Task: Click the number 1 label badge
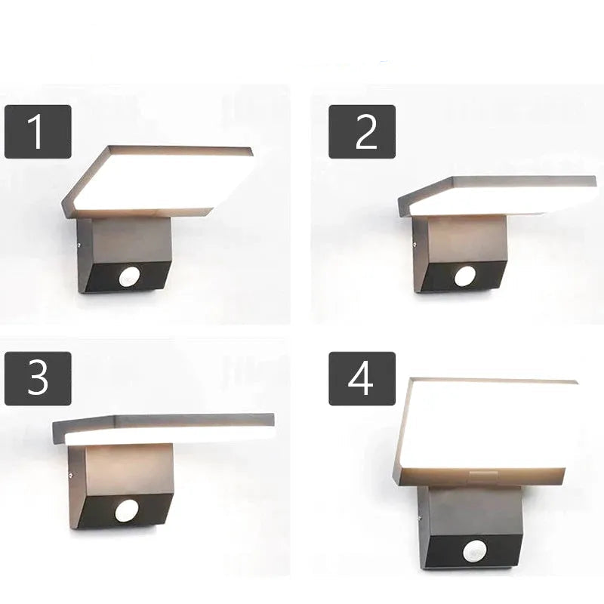click(38, 131)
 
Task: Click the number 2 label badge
click(362, 131)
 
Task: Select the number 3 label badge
click(38, 378)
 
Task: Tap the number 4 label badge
click(362, 378)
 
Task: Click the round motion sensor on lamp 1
click(128, 277)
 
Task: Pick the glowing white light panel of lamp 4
click(486, 423)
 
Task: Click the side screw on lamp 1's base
click(79, 244)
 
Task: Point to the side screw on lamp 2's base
click(414, 243)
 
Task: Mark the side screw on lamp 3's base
click(69, 475)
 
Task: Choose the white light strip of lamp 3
click(169, 437)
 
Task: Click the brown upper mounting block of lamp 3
click(128, 470)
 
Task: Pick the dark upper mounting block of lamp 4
click(475, 512)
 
